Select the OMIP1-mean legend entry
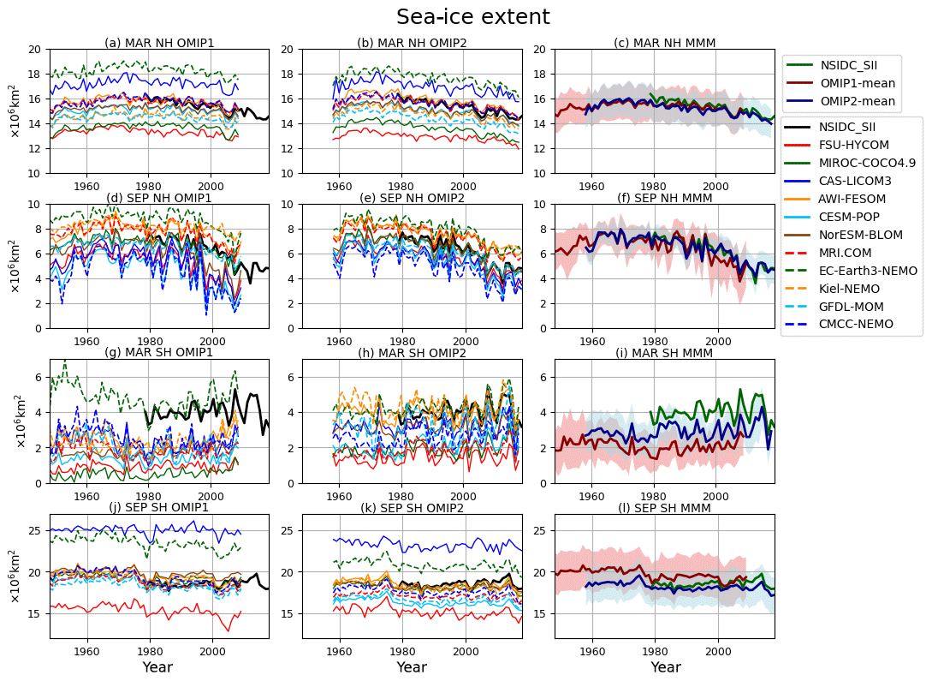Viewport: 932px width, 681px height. [858, 83]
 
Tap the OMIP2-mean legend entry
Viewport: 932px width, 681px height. [858, 101]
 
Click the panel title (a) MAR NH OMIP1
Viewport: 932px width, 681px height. [159, 43]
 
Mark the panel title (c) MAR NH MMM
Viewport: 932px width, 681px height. [665, 43]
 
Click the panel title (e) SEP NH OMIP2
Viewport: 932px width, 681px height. [412, 199]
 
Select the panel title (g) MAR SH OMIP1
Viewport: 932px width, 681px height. [159, 353]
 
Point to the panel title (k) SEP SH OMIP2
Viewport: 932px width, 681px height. [412, 508]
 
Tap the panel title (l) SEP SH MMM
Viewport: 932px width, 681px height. [665, 508]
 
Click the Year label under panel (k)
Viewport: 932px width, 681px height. [412, 666]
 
